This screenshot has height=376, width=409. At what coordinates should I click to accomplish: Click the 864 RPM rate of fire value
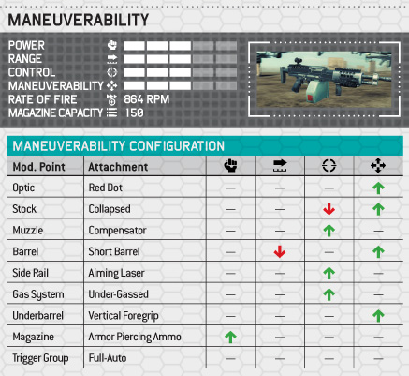[x=147, y=99]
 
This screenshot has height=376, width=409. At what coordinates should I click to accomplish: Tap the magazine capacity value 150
[x=135, y=113]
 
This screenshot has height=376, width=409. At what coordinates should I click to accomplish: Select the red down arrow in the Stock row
[x=329, y=209]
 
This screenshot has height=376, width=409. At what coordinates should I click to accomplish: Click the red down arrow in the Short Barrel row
[x=280, y=251]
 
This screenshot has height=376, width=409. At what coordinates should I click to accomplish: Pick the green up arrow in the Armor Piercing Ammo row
[x=230, y=337]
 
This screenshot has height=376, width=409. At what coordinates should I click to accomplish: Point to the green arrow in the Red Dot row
[x=378, y=188]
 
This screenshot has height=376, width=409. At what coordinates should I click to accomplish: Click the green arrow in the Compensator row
[x=329, y=231]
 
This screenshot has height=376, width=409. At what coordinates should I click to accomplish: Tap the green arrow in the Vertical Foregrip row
[x=378, y=316]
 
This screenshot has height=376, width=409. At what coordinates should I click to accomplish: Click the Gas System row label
[x=38, y=294]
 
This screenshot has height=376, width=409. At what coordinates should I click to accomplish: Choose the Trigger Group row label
[x=40, y=358]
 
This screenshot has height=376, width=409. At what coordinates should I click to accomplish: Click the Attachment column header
[x=118, y=167]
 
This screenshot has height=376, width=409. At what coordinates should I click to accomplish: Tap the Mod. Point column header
[x=38, y=167]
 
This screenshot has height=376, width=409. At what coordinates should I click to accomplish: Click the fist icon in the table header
[x=230, y=166]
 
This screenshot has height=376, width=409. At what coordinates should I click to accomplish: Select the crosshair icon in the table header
[x=329, y=166]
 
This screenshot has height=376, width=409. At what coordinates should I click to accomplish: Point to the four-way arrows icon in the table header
[x=378, y=166]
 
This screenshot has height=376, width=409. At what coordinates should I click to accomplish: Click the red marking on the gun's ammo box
[x=310, y=98]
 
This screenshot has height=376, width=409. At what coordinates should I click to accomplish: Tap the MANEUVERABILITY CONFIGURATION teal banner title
[x=119, y=146]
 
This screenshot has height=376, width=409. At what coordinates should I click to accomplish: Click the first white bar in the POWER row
[x=134, y=46]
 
